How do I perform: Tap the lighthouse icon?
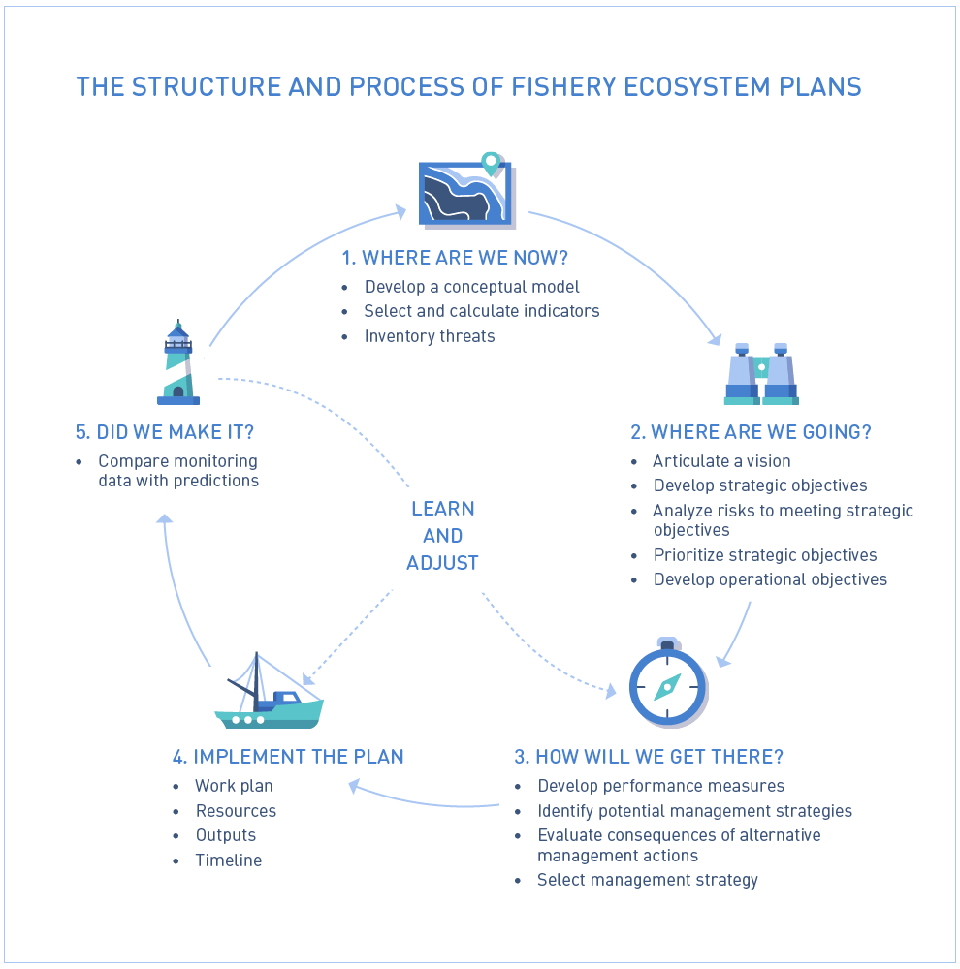[x=178, y=363]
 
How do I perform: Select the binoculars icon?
[x=761, y=374]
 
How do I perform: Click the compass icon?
[x=666, y=685]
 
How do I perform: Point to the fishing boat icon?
[x=268, y=695]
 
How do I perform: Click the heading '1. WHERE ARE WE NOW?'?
[x=455, y=258]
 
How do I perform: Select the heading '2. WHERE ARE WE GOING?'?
[x=752, y=432]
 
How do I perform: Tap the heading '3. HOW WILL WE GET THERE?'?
[x=649, y=757]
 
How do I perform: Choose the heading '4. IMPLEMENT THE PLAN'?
[x=288, y=757]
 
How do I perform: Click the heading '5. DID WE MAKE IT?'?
[x=172, y=432]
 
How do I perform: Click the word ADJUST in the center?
[x=442, y=563]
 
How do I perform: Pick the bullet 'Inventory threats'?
[x=430, y=336]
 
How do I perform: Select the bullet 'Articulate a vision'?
[x=721, y=461]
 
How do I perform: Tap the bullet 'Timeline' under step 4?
[x=229, y=860]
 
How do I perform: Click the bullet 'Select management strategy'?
[x=648, y=880]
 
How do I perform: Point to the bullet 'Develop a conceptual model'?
[x=472, y=287]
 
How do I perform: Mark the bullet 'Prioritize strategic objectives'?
[x=765, y=555]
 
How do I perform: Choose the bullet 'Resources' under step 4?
[x=236, y=811]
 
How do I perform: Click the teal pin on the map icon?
[x=491, y=163]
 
